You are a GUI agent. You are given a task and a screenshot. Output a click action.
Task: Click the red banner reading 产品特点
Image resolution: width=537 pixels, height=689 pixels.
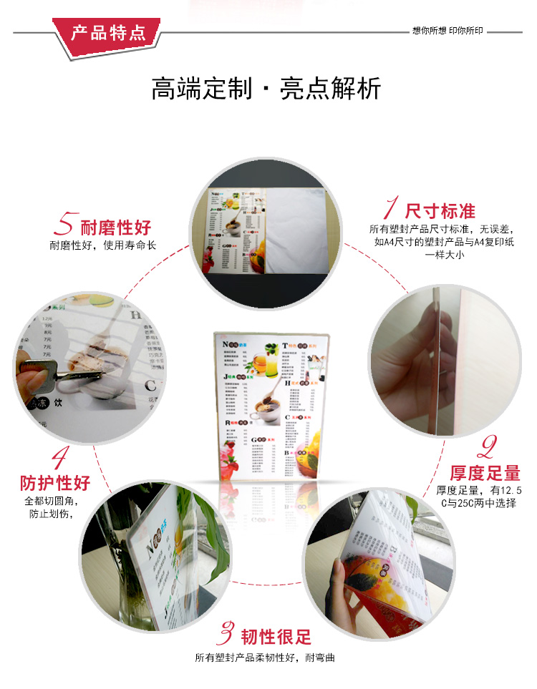pos(107,33)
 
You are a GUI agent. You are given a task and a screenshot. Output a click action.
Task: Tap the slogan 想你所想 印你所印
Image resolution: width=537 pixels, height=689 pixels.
pos(447,31)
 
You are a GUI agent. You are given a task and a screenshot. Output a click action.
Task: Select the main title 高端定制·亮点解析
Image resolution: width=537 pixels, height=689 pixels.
pos(266,89)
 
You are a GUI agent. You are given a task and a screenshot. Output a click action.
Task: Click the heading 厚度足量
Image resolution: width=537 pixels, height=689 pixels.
pos(485,473)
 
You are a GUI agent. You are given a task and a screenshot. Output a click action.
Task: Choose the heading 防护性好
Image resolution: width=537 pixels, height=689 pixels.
pos(56,483)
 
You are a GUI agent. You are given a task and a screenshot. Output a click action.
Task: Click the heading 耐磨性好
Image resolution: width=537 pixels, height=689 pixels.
pos(116,228)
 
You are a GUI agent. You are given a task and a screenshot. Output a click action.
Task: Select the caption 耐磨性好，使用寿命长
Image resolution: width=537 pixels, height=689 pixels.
pos(103,245)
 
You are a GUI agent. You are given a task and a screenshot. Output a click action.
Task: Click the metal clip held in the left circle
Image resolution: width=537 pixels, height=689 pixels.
pos(54,371)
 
